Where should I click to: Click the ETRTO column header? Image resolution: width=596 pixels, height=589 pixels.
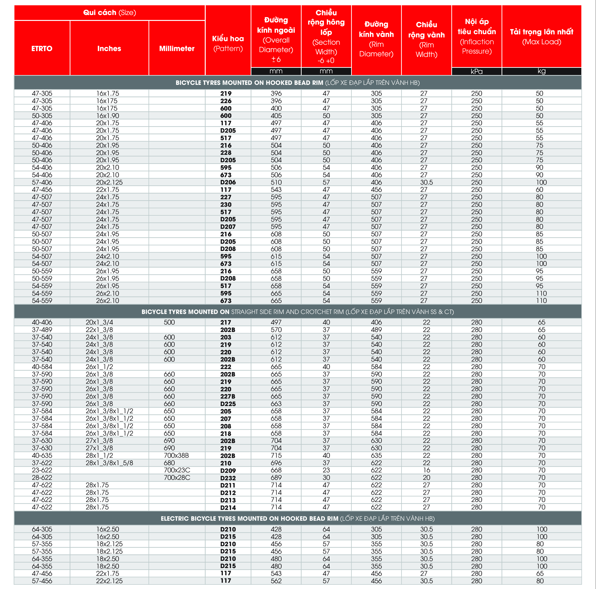pos(42,48)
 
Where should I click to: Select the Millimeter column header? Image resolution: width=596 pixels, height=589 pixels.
pos(177,48)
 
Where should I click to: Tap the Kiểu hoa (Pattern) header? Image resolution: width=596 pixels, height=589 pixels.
pos(228,43)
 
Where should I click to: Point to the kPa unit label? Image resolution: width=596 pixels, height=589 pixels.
pos(477,71)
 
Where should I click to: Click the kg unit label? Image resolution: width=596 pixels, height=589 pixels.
pos(541,71)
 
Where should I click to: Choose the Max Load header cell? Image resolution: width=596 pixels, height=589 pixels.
pos(541,36)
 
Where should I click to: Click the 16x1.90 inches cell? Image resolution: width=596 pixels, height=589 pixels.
pos(107,116)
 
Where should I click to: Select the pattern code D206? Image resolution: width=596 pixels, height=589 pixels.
pos(228,182)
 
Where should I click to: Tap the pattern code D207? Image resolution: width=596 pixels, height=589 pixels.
pos(228,226)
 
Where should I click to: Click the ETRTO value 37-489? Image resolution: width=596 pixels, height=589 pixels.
pos(42,330)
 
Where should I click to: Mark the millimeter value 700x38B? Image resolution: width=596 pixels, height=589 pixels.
pos(176,455)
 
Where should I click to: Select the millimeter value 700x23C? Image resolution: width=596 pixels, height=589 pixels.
pos(177,470)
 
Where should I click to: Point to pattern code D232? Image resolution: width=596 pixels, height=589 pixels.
pos(228,478)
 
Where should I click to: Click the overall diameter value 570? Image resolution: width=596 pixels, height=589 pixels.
pos(276,330)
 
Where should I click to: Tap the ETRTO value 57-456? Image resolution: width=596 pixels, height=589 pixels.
pos(42,581)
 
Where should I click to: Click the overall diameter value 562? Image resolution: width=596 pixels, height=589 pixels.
pos(276,581)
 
